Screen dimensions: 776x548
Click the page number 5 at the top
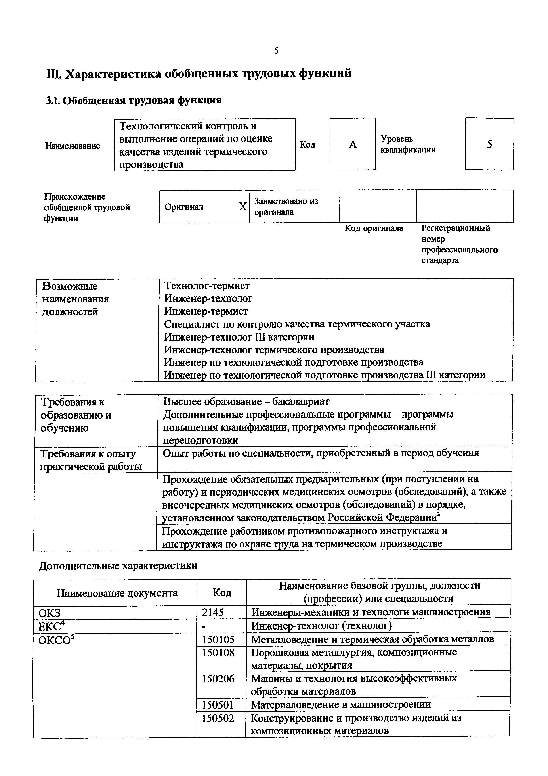276,51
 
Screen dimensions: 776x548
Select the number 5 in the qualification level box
489,144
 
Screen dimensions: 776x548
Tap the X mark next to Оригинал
242,207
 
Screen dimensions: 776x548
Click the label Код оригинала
374,228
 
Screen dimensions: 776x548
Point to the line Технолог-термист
207,286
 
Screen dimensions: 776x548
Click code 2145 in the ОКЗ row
213,612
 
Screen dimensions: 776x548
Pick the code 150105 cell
218,639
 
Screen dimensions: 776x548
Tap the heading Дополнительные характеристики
118,566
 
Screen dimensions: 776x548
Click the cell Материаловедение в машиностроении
341,705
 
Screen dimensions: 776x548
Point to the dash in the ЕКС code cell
204,626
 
